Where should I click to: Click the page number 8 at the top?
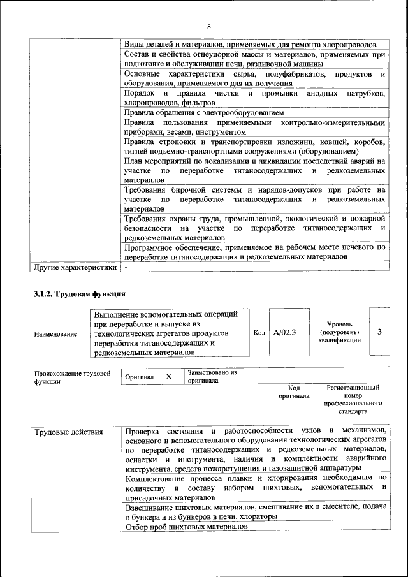pyautogui.click(x=208, y=26)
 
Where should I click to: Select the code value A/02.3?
pyautogui.click(x=284, y=332)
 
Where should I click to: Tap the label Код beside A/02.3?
pyautogui.click(x=259, y=332)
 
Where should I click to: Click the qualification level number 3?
pyautogui.click(x=380, y=332)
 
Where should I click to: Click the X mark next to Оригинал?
pyautogui.click(x=168, y=377)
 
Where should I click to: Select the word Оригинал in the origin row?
pyautogui.click(x=140, y=377)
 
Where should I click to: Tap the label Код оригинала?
pyautogui.click(x=294, y=391)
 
